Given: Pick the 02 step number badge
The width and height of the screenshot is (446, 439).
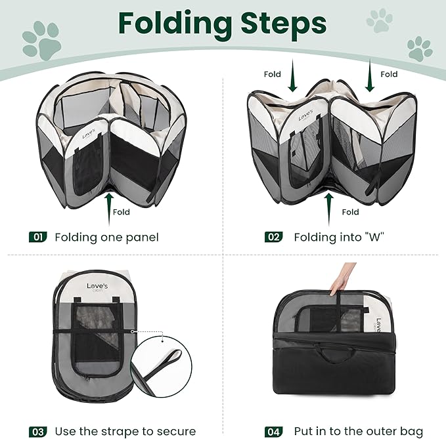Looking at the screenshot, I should point(273,237).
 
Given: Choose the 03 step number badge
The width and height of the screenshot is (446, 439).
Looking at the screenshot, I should point(37,432).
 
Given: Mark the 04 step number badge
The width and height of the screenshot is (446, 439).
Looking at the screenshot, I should point(273,432).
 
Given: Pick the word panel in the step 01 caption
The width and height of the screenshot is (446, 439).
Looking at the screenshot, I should point(142,237).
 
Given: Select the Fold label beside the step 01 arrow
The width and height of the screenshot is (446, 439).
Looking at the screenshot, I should point(122,213).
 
